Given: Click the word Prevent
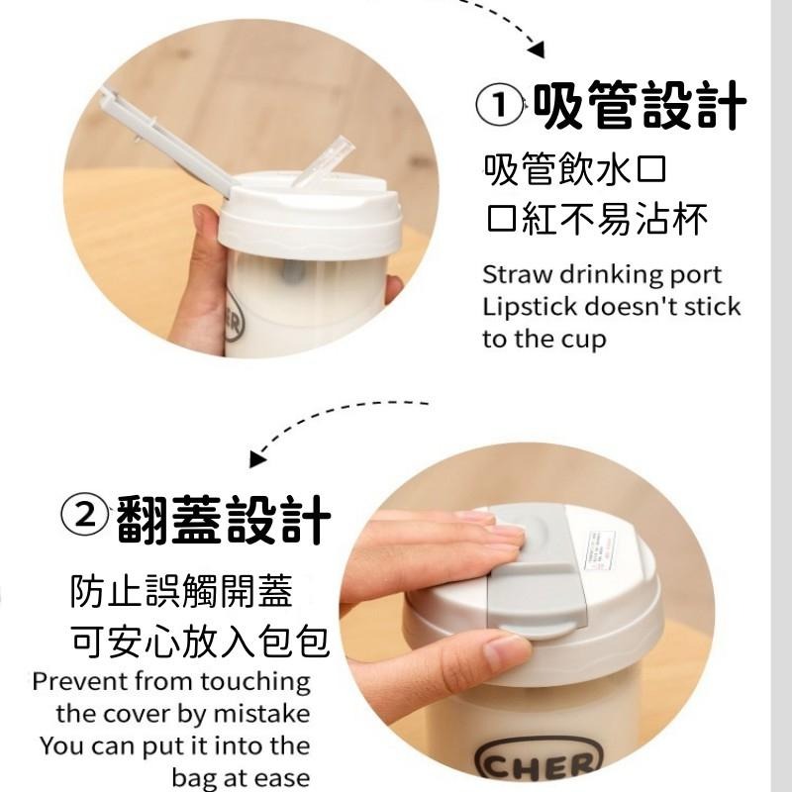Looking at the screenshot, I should [78, 682].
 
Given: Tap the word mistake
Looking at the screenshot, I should [261, 713].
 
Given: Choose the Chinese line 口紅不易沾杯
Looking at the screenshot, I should [597, 219].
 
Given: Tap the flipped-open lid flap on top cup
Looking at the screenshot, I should [162, 139].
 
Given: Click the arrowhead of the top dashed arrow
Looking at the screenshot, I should [537, 47].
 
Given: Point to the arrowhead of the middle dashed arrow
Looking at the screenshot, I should [259, 456].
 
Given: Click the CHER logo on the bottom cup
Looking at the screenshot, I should [540, 763].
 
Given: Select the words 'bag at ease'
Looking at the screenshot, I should [241, 776].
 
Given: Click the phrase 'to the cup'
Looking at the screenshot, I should [544, 339].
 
